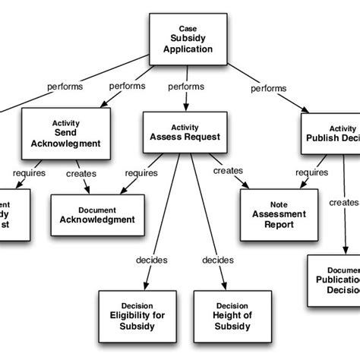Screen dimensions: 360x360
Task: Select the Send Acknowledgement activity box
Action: (62, 131)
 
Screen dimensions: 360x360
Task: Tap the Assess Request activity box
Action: (182, 131)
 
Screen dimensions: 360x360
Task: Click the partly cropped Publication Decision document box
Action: (333, 282)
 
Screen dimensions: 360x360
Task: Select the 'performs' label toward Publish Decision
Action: (267, 88)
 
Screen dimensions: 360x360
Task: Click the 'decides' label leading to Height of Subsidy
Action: (217, 260)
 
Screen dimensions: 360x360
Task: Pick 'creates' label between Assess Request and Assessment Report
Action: (229, 171)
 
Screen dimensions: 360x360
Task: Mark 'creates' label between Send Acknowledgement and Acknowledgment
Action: (81, 173)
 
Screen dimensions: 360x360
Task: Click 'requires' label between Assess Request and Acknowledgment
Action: (141, 173)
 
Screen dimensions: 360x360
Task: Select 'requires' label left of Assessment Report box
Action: (311, 172)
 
